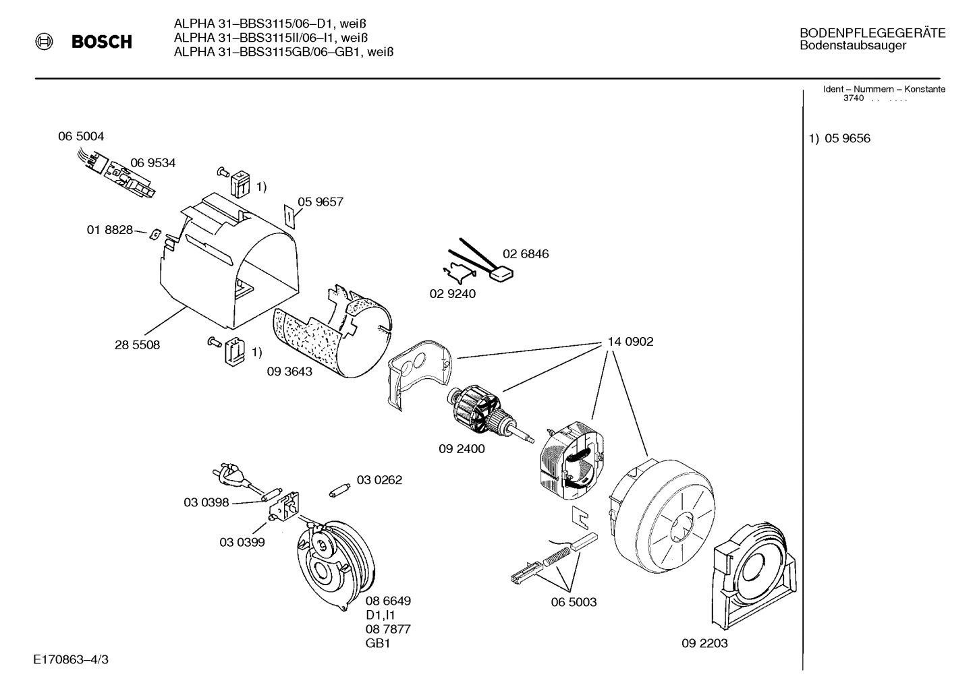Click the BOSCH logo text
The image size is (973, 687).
pos(101,42)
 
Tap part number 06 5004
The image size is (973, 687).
pos(81,136)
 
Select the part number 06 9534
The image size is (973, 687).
pos(153,162)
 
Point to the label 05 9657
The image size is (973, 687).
pos(321,202)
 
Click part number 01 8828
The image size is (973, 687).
pos(109,230)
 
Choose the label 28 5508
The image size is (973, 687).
pos(137,345)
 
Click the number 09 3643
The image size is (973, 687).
pos(289,371)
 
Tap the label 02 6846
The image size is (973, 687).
pos(526,254)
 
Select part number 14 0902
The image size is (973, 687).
pos(630,342)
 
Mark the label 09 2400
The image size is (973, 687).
pos(462,448)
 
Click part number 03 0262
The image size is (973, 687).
pos(379,480)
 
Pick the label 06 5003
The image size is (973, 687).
pos(574,602)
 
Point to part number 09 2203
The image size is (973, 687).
pos(704,643)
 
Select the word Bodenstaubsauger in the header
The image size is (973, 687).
pos(853,46)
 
